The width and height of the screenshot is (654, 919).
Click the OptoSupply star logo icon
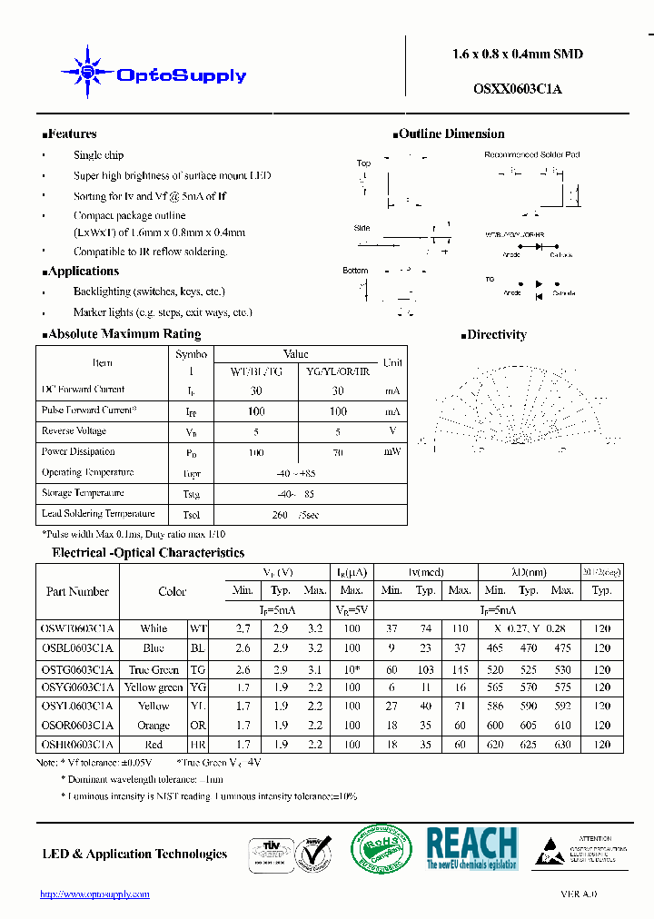(x=87, y=71)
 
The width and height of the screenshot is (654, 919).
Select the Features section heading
(x=70, y=134)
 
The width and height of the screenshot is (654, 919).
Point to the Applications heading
(x=81, y=272)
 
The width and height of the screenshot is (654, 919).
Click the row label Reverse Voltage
(x=74, y=431)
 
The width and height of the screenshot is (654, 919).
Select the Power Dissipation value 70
(x=338, y=452)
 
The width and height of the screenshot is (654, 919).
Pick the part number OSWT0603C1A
(x=77, y=628)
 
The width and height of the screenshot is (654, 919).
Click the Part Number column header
(x=77, y=592)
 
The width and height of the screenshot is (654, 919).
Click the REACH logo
(x=471, y=848)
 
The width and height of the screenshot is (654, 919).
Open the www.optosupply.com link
(x=94, y=894)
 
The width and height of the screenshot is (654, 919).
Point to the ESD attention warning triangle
(x=550, y=853)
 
